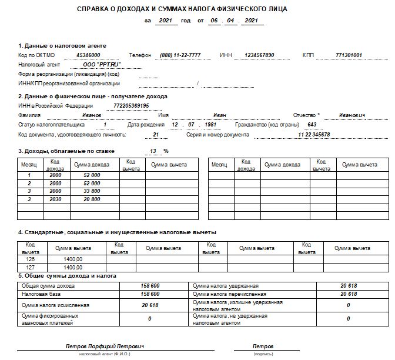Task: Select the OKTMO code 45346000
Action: point(88,55)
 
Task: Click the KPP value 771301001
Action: point(348,55)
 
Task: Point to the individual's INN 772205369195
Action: point(131,106)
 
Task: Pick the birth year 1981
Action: point(210,125)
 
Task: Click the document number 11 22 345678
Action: point(314,135)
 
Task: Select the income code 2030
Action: point(56,199)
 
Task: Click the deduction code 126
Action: point(30,259)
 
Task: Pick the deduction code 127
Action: point(30,267)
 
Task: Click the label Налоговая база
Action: point(39,294)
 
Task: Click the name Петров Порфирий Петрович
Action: point(105,346)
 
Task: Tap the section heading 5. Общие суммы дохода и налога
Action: point(67,276)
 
